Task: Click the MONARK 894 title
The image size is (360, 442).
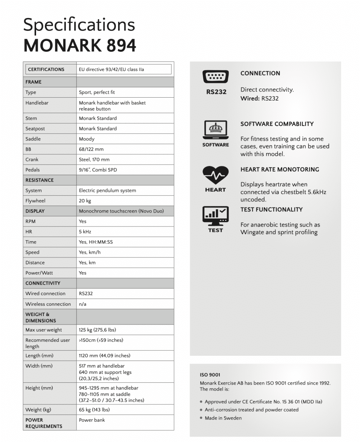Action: coord(80,46)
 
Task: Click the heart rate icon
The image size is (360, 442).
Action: coord(215,176)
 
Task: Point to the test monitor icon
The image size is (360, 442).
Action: coord(215,216)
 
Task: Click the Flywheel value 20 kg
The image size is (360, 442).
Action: coord(85,201)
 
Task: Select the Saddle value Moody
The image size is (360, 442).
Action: coord(87,139)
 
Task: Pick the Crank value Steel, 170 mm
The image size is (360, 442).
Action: coord(94,159)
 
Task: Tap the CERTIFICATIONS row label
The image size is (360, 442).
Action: coord(46,69)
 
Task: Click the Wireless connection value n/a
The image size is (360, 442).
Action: coord(83,304)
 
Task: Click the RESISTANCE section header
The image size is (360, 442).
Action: coord(39,180)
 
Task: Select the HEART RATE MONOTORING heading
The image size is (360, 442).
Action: coord(280,169)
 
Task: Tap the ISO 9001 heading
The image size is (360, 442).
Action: coord(210,375)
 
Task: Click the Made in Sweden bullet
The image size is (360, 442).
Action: coord(223,418)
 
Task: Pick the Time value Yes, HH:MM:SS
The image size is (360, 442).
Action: coord(96,242)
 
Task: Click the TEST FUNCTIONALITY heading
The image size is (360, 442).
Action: coord(271,210)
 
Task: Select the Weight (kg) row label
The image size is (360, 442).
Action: coord(38,410)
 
